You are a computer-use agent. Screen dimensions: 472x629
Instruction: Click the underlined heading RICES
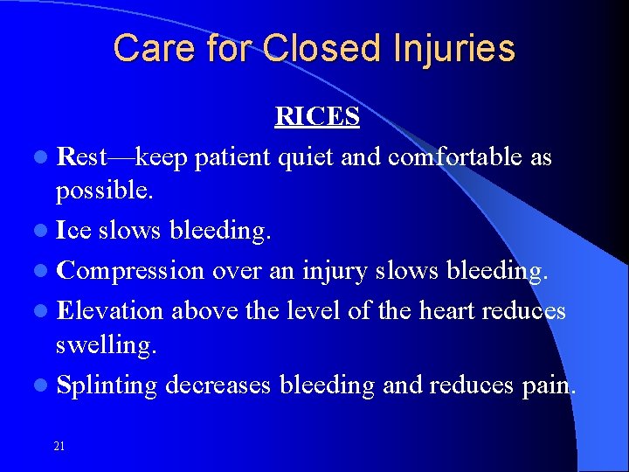[317, 117]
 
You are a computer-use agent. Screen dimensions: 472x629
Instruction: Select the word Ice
[73, 231]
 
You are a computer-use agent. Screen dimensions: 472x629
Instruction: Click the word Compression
[129, 270]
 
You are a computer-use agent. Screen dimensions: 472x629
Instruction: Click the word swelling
[106, 345]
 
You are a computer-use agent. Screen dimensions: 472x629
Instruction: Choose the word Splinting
[107, 385]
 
